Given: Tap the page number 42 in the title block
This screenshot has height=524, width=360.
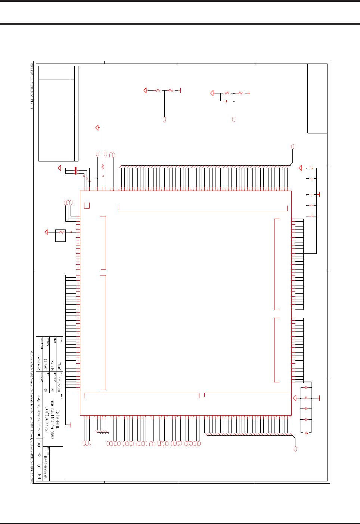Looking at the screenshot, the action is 40,457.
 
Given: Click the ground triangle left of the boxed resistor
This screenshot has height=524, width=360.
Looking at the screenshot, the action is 46,232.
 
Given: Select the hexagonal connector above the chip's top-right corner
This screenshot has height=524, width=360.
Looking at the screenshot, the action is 293,146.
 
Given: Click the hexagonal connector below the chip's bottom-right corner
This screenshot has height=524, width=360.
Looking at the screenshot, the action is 295,449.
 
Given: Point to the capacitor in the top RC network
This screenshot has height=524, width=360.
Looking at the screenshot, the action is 226,101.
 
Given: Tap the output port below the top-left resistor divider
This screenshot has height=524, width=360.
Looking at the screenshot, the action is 164,120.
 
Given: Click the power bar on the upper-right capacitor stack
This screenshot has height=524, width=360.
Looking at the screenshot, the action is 319,195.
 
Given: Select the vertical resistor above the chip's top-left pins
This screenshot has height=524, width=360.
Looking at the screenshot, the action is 103,166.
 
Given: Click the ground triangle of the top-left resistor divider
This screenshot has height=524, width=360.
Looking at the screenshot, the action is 145,90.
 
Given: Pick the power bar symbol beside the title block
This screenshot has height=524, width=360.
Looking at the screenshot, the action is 70,425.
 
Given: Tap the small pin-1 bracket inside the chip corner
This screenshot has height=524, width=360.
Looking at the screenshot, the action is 87,205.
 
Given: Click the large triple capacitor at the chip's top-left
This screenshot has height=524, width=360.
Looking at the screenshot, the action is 76,170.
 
